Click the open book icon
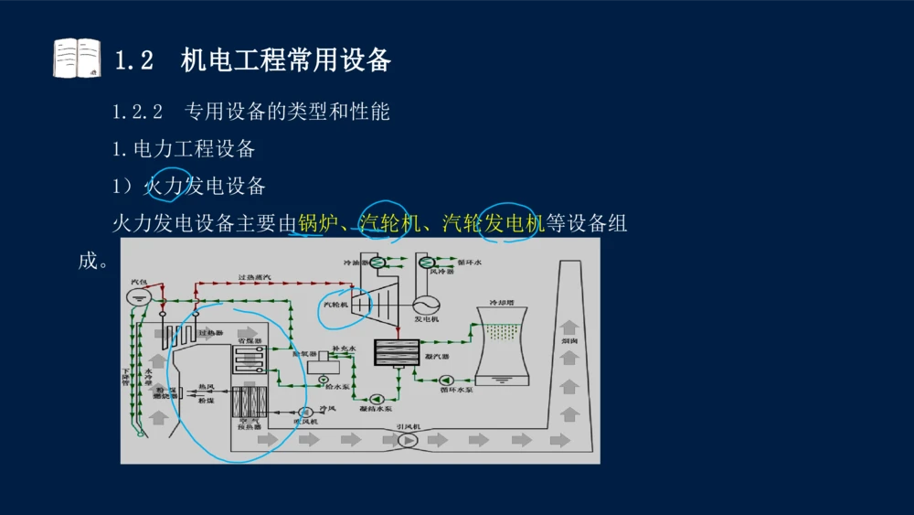point(76,58)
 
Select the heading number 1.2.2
point(137,112)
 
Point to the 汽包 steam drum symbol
point(138,295)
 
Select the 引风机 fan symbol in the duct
point(408,440)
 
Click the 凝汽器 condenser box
point(396,352)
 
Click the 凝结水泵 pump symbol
point(377,398)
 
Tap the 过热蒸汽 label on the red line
point(254,276)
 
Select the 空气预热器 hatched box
point(248,402)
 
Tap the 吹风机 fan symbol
point(304,412)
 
